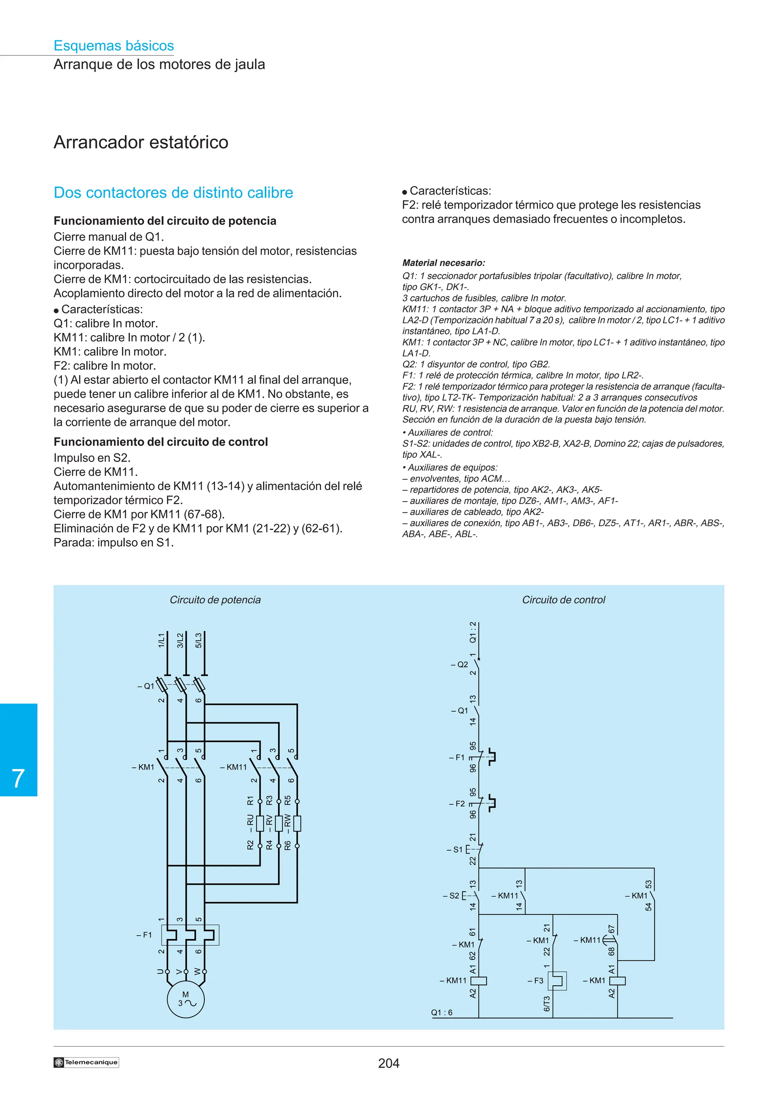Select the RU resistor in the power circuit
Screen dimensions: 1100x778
point(260,824)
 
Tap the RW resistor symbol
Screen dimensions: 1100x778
point(297,824)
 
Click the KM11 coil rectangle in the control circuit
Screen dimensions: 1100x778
point(479,981)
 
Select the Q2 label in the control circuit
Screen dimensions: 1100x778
point(460,665)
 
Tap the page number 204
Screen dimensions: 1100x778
point(389,1063)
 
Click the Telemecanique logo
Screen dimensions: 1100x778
point(86,1062)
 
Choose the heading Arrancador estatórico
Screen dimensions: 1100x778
point(141,142)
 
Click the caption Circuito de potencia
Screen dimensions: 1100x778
point(215,600)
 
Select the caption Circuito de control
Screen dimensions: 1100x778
point(564,600)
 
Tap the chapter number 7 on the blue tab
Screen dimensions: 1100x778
point(18,779)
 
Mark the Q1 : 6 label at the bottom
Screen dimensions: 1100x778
point(441,1012)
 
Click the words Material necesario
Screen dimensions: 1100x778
point(443,263)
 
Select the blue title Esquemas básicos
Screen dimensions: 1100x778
point(114,46)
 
